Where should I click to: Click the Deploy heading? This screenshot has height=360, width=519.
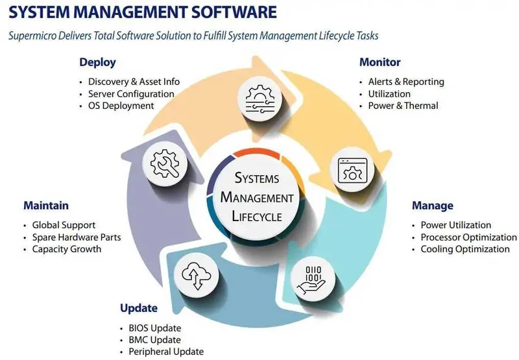98,62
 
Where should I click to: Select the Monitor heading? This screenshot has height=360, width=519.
380,62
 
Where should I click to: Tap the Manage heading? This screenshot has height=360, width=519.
433,206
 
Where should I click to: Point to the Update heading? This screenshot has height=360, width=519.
139,308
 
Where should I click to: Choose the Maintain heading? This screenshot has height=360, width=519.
46,206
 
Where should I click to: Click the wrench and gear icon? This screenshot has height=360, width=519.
165,163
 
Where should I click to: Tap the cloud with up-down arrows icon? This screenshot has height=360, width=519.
197,276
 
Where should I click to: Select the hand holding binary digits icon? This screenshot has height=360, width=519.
312,280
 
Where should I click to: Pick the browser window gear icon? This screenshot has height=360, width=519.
352,171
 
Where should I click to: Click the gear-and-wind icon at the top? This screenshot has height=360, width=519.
260,99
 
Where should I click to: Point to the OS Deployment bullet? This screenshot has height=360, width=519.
121,106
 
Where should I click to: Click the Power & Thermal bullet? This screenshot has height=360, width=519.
403,106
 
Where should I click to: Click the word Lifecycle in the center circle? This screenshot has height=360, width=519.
257,217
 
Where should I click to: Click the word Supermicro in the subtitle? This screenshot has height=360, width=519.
32,36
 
